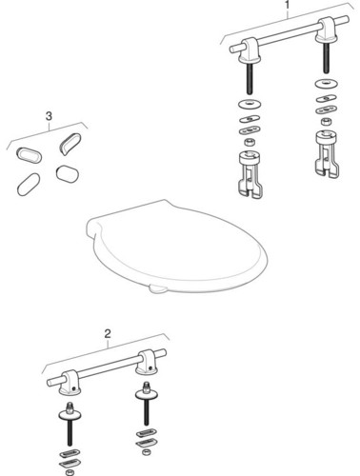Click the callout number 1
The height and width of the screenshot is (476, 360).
(288, 6)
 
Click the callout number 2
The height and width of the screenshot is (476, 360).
(108, 334)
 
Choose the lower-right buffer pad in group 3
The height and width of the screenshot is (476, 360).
(66, 174)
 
